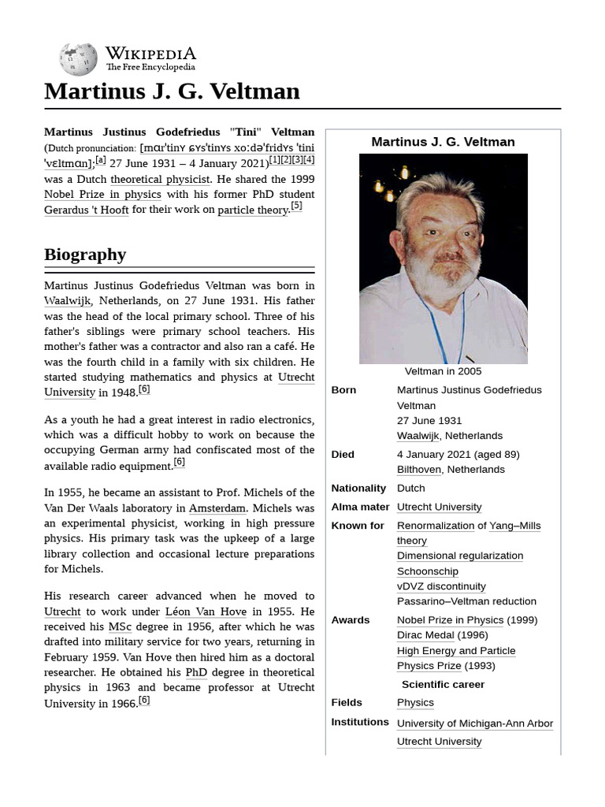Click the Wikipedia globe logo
(78, 60)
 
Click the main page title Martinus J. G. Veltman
(172, 91)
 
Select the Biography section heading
(85, 255)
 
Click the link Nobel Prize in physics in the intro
(102, 195)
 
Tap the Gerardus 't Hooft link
(86, 210)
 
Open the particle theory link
(253, 210)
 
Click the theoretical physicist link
(160, 179)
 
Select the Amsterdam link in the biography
(217, 508)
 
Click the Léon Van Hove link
(206, 612)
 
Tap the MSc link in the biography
(120, 627)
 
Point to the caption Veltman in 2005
(443, 371)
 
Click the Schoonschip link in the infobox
(427, 571)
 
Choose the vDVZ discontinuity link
(441, 586)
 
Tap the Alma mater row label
(360, 507)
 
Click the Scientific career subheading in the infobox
(443, 684)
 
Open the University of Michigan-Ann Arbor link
(474, 723)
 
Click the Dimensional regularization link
(459, 556)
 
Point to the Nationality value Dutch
(410, 489)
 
